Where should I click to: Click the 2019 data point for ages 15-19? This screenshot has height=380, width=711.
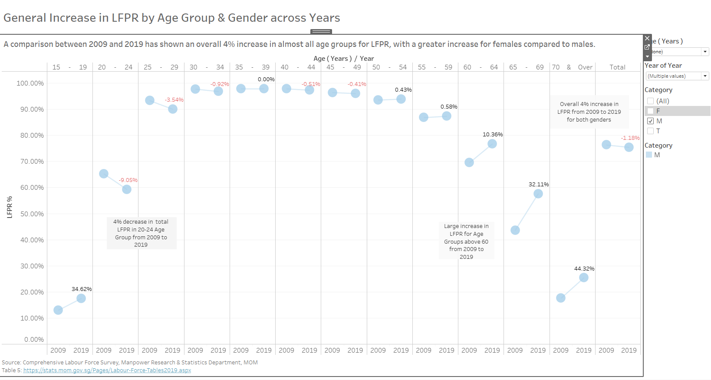[81, 298]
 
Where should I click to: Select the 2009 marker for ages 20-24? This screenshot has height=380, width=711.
[104, 174]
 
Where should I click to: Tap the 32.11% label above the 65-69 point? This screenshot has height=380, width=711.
[539, 185]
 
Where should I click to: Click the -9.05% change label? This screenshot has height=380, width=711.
[128, 180]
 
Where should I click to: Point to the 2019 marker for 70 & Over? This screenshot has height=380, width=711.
[584, 278]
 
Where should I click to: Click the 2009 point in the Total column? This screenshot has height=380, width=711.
[606, 145]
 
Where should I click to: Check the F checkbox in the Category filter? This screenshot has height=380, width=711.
[650, 111]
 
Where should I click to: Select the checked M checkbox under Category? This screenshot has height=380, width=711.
[650, 121]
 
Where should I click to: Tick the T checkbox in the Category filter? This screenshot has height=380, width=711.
[650, 131]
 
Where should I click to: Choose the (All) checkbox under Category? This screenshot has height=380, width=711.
[650, 101]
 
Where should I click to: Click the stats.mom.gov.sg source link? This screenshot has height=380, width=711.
[107, 370]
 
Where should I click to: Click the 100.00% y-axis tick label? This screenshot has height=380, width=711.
[30, 83]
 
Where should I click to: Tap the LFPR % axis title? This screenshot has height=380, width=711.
[10, 207]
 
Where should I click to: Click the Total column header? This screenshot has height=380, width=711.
[617, 67]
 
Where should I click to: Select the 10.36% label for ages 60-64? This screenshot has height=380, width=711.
[493, 135]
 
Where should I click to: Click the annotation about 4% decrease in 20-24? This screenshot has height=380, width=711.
[141, 233]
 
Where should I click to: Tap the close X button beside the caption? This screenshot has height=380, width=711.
[647, 38]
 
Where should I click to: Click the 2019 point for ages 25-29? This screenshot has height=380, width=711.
[173, 109]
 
